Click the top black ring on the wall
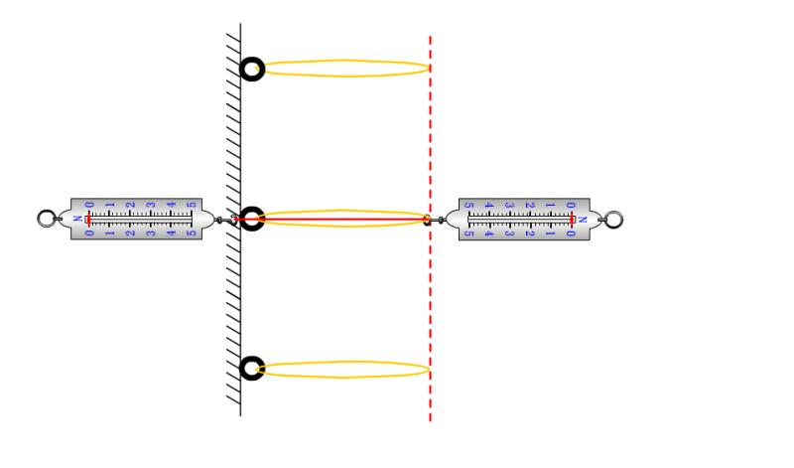coord(253,69)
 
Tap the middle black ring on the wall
coord(253,219)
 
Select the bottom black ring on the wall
coord(253,369)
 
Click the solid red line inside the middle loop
coord(337,219)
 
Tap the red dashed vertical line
coord(430,298)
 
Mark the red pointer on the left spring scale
coord(89,219)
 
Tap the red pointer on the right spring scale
coord(572,219)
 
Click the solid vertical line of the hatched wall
coord(240,298)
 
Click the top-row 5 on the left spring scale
coord(192,206)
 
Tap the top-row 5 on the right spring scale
coord(468,206)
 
